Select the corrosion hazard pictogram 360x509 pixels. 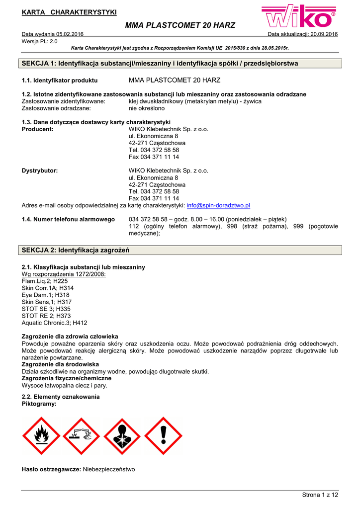coord(82,436)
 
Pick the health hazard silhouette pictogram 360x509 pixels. coord(122,436)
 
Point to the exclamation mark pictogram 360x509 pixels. coord(163,436)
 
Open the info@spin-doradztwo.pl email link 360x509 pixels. coord(218,205)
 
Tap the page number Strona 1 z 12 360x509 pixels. coord(320,495)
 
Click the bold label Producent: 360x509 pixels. coord(38,129)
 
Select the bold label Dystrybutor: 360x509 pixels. coord(40,170)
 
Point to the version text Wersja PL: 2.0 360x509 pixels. coord(40,41)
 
